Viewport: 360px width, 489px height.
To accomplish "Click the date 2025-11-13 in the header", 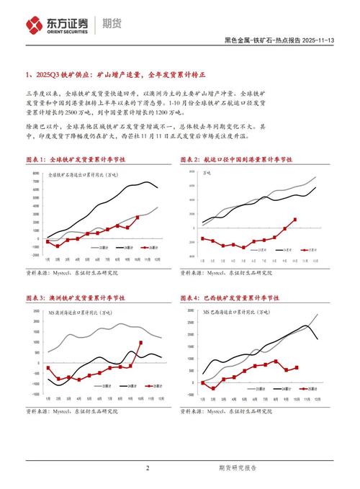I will [318, 40].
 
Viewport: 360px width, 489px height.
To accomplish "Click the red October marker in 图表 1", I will [137, 216].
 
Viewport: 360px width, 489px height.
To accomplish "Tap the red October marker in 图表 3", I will [140, 344].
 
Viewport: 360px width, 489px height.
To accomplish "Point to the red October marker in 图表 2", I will [295, 220].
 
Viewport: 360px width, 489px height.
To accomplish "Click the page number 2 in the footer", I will [148, 469].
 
